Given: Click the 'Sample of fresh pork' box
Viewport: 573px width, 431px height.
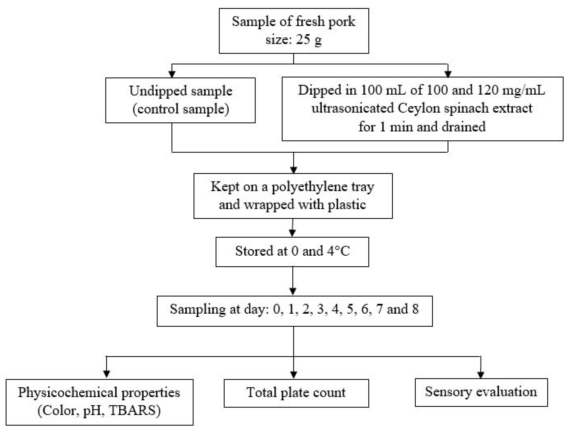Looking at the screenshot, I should click(x=294, y=31).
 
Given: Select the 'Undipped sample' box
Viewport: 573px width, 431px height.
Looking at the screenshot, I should click(x=180, y=100).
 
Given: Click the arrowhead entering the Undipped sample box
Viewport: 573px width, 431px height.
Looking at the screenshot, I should click(x=172, y=74).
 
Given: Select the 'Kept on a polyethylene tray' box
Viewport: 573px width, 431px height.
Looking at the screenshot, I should click(x=293, y=196).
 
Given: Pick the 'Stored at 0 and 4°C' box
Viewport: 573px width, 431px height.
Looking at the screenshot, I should click(x=292, y=252).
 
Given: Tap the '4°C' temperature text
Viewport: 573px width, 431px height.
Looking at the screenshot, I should click(x=338, y=251).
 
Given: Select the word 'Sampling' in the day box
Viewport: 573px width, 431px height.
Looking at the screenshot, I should click(x=198, y=309).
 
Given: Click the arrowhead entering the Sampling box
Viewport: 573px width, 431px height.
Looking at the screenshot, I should click(x=293, y=292).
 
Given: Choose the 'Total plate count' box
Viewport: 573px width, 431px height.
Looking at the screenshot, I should click(x=296, y=393).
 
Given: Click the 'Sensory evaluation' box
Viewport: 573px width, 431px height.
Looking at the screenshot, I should click(x=481, y=392).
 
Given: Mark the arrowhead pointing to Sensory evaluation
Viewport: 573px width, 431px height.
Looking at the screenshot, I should click(x=481, y=375).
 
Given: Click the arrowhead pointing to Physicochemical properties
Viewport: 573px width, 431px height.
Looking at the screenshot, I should click(x=107, y=374).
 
